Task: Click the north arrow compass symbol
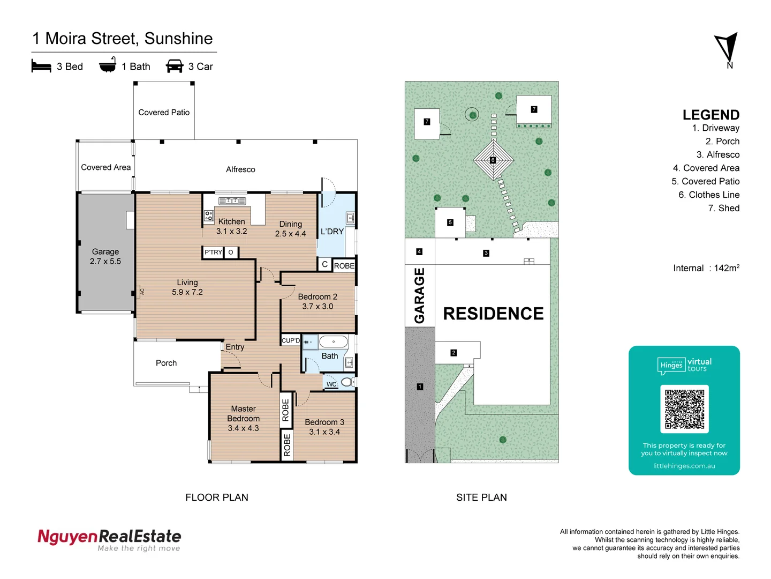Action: pyautogui.click(x=727, y=49)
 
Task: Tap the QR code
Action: pyautogui.click(x=684, y=409)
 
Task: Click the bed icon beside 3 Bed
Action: pyautogui.click(x=41, y=66)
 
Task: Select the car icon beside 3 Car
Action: pyautogui.click(x=175, y=66)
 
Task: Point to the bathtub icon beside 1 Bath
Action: pyautogui.click(x=108, y=65)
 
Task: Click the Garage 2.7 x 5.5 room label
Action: pyautogui.click(x=105, y=257)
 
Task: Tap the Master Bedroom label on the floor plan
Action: pyautogui.click(x=243, y=418)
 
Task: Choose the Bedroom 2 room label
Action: pyautogui.click(x=318, y=301)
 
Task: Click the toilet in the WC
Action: pyautogui.click(x=346, y=382)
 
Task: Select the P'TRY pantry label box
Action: pyautogui.click(x=213, y=253)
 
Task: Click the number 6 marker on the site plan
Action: pyautogui.click(x=493, y=160)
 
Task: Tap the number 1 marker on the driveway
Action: pyautogui.click(x=420, y=387)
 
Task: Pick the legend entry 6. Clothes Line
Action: pyautogui.click(x=709, y=195)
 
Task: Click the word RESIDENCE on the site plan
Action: pyautogui.click(x=493, y=314)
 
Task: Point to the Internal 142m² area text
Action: pyautogui.click(x=706, y=268)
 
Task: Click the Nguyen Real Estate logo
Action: pyautogui.click(x=109, y=539)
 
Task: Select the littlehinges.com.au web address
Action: pyautogui.click(x=684, y=466)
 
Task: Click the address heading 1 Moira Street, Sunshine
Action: pyautogui.click(x=123, y=39)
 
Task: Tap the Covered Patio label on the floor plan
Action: pyautogui.click(x=164, y=113)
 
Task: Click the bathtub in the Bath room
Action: pyautogui.click(x=334, y=342)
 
